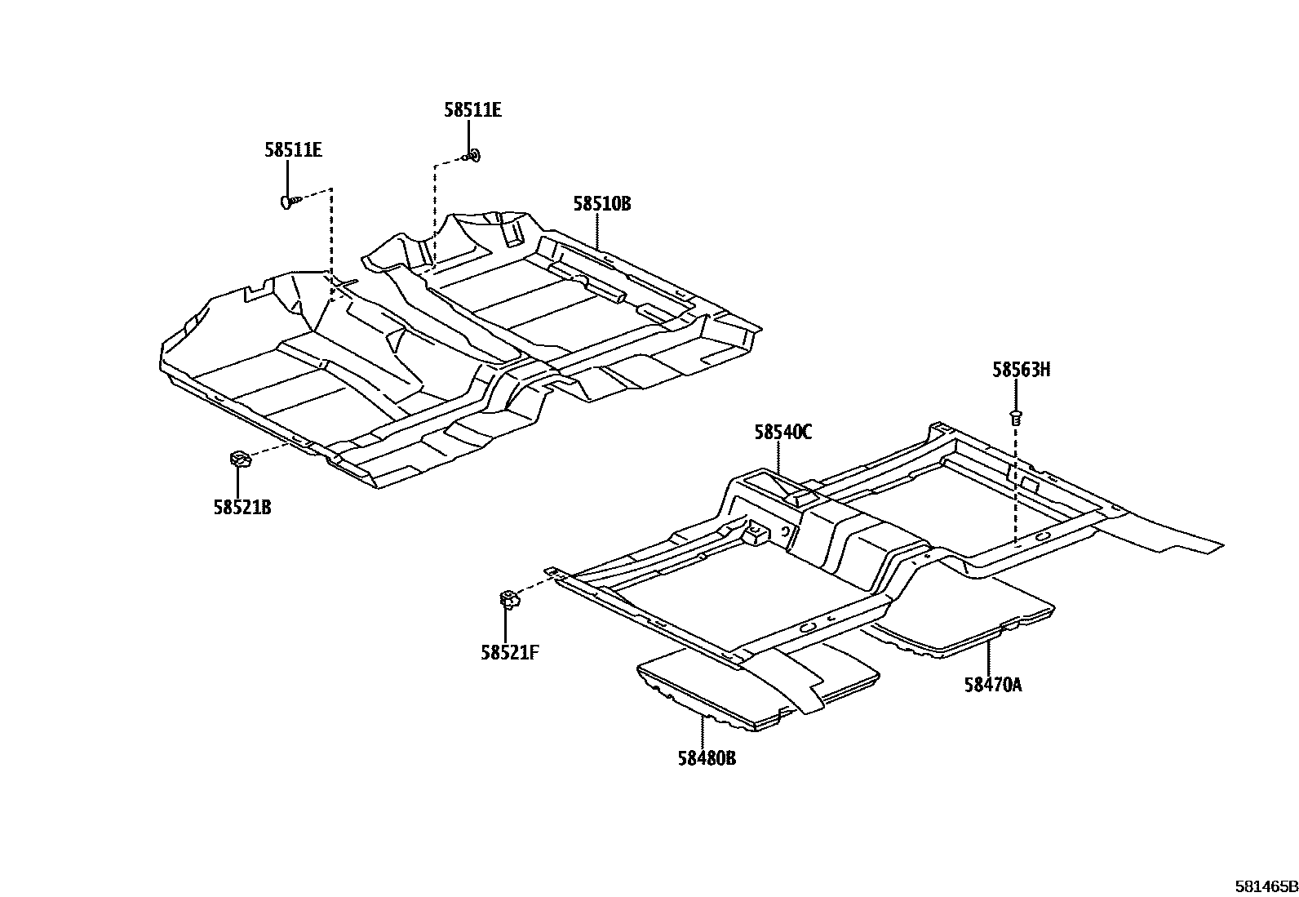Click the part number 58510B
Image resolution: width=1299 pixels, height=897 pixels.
(x=601, y=204)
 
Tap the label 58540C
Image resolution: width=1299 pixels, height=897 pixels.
(x=783, y=433)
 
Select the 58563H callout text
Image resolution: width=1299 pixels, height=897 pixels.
(x=1021, y=370)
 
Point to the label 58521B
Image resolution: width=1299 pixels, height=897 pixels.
(x=242, y=508)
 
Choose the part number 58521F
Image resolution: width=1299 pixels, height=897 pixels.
(x=509, y=652)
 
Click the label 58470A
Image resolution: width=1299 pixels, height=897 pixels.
(x=992, y=685)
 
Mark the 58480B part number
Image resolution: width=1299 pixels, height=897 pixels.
(x=706, y=758)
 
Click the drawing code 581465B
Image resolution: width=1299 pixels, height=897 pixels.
(x=1265, y=886)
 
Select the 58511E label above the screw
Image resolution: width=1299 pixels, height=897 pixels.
(x=293, y=150)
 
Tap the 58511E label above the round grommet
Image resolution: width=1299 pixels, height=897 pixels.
(x=472, y=110)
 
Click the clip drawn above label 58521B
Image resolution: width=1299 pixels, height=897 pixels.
(x=240, y=459)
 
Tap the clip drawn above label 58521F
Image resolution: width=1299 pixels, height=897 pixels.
(x=508, y=601)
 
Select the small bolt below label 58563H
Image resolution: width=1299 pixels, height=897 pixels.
(x=1016, y=417)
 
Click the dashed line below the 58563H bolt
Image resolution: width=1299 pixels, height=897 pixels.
(x=1015, y=490)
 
